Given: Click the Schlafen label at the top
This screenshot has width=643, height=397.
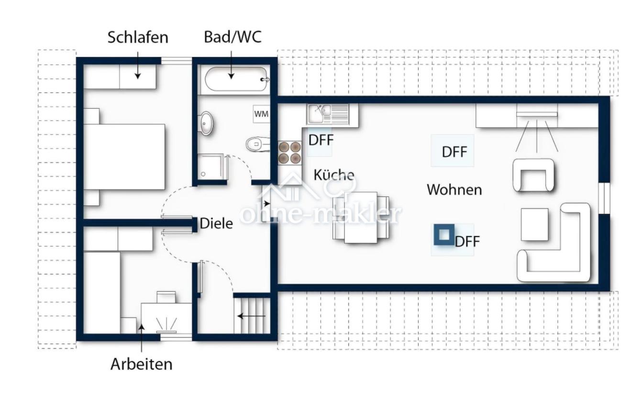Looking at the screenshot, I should pos(138,38).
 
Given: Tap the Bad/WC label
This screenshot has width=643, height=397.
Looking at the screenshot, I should pos(233,37).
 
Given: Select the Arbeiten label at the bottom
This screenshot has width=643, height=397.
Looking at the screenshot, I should pos(141,364).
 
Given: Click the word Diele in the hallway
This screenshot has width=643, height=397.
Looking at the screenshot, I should pos(216,223).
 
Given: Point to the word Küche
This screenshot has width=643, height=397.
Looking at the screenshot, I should pos(334,175).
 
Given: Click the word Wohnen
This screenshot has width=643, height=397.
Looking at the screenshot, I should pos(454,189).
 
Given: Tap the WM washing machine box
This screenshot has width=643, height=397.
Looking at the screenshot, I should pos(261,114).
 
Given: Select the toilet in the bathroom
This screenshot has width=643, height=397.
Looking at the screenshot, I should pos(257,143).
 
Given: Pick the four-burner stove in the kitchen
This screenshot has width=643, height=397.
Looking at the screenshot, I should pos(290,152).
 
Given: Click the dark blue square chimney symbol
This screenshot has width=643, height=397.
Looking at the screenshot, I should pos(444,235).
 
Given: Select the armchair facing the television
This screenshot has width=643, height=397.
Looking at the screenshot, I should pos(534,175).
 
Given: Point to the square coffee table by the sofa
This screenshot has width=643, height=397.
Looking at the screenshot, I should pos(534,224).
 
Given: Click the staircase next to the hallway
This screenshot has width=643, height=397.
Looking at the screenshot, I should pos(252,315).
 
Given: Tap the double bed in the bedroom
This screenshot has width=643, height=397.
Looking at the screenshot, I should pos(124,157).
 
